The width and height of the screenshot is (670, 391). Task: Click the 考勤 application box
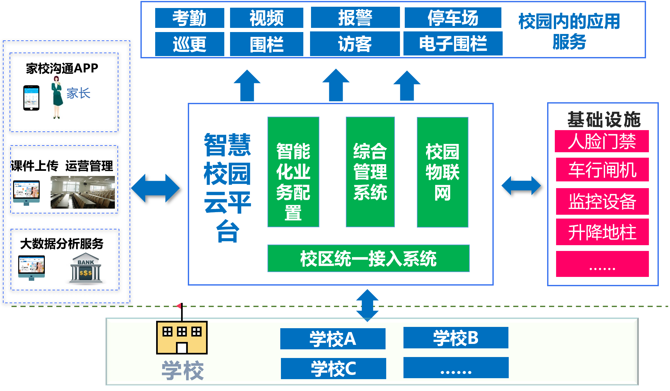[189, 18]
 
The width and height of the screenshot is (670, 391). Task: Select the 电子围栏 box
[453, 44]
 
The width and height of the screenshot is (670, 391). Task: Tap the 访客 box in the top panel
[355, 44]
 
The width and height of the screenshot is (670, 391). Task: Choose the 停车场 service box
[453, 18]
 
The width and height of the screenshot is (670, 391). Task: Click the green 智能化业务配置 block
[293, 172]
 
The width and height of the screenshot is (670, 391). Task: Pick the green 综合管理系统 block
[370, 172]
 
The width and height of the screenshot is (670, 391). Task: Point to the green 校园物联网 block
[443, 172]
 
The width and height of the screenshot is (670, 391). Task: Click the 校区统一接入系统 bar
[368, 258]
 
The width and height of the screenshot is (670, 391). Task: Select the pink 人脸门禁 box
[602, 141]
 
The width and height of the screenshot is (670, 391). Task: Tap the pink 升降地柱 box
[602, 232]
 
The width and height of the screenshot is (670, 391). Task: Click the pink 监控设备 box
[602, 202]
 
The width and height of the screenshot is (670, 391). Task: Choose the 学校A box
[333, 339]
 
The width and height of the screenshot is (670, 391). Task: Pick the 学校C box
[333, 369]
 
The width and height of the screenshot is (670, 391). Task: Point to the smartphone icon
[31, 98]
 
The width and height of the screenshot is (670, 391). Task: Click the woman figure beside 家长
[57, 97]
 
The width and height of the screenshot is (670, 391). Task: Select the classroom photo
[83, 192]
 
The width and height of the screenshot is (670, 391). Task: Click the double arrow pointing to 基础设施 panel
[521, 186]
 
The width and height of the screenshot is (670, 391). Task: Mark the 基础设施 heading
[604, 119]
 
